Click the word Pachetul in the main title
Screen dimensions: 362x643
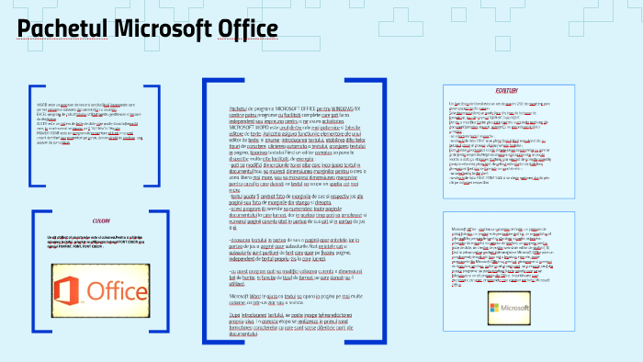coord(62,29)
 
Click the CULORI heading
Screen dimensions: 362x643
coord(101,221)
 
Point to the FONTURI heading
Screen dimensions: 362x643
coord(506,91)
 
